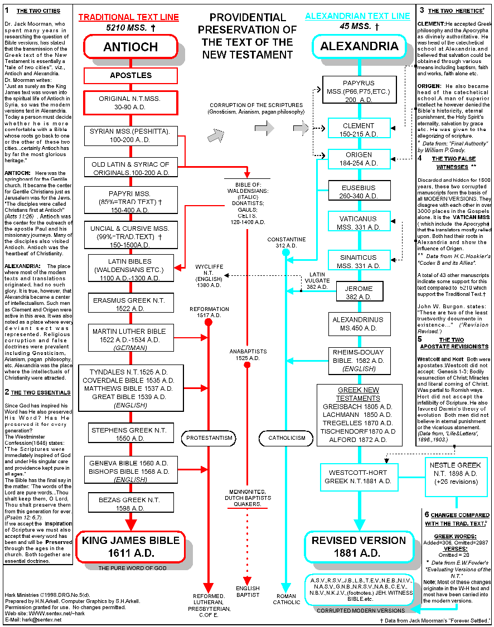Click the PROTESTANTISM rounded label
[x=209, y=438]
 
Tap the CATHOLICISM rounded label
[x=287, y=438]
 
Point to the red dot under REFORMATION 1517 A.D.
[x=209, y=322]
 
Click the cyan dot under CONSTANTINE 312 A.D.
[x=286, y=252]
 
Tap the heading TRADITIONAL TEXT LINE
[x=128, y=17]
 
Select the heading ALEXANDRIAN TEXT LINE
[x=357, y=16]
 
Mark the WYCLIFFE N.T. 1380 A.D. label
[x=209, y=276]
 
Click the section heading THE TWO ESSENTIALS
[x=40, y=392]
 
